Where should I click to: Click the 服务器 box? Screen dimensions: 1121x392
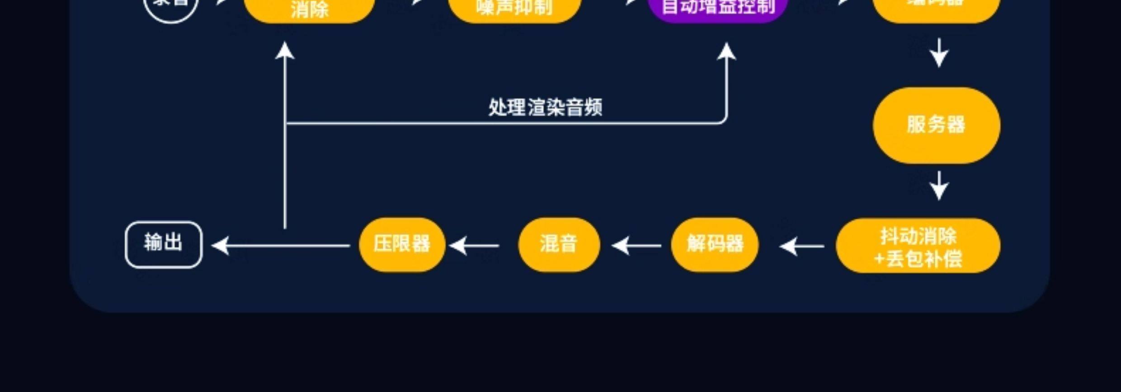coord(936,125)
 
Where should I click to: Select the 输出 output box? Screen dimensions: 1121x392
coord(163,244)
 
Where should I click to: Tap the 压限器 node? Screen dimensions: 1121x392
coord(402,244)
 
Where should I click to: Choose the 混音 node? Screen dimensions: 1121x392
coord(559,244)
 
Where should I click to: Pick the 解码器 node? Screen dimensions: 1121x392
coord(715,244)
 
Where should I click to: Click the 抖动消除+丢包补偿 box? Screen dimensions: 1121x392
coord(918,246)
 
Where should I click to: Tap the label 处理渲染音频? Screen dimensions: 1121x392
coord(545,107)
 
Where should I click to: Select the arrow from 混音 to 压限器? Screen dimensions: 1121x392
coord(475,246)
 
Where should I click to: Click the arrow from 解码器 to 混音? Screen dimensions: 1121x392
coord(636,246)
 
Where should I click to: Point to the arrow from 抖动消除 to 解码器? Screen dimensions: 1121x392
coord(802,246)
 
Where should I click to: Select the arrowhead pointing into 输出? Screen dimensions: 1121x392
coord(221,246)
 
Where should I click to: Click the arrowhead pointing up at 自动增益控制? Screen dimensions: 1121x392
coord(726,51)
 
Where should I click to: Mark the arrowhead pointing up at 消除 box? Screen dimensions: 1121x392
coord(285,51)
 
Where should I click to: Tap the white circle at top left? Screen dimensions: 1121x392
coord(171,6)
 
